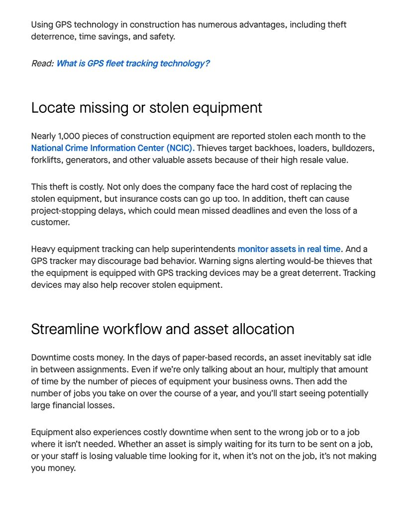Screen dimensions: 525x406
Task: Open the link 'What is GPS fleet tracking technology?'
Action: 133,64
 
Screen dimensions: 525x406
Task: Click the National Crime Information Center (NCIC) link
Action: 112,148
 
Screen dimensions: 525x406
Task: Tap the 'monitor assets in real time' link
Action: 289,249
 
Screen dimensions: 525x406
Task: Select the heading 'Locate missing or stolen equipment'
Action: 146,108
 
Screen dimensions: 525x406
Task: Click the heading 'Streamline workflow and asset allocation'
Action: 162,329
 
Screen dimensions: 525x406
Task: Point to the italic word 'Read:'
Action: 42,64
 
